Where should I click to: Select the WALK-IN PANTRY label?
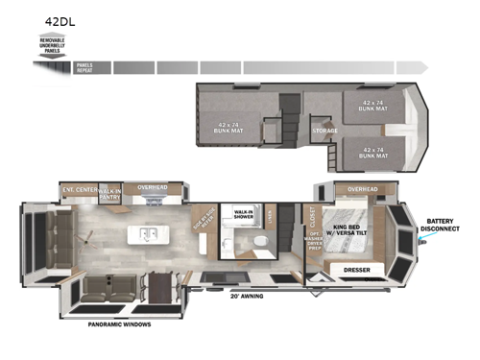click(x=111, y=191)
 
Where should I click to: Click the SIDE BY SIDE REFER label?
click(x=204, y=222)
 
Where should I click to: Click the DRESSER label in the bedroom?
click(x=357, y=270)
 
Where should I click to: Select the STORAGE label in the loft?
click(x=324, y=131)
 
